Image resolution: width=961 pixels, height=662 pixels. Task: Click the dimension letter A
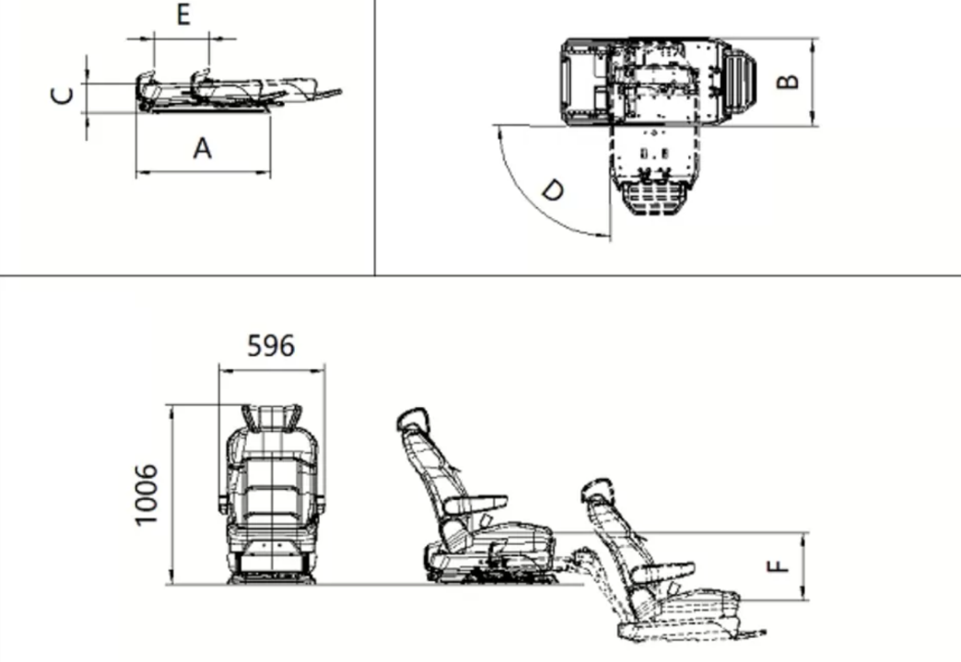pyautogui.click(x=202, y=147)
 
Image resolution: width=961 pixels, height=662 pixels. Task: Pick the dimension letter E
pyautogui.click(x=183, y=16)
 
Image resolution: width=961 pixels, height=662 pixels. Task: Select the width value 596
pyautogui.click(x=271, y=345)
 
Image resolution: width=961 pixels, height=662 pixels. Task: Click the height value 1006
pyautogui.click(x=147, y=494)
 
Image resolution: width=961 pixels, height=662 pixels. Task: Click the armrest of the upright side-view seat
pyautogui.click(x=476, y=504)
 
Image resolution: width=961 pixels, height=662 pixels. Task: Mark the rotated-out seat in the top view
pyautogui.click(x=653, y=170)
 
